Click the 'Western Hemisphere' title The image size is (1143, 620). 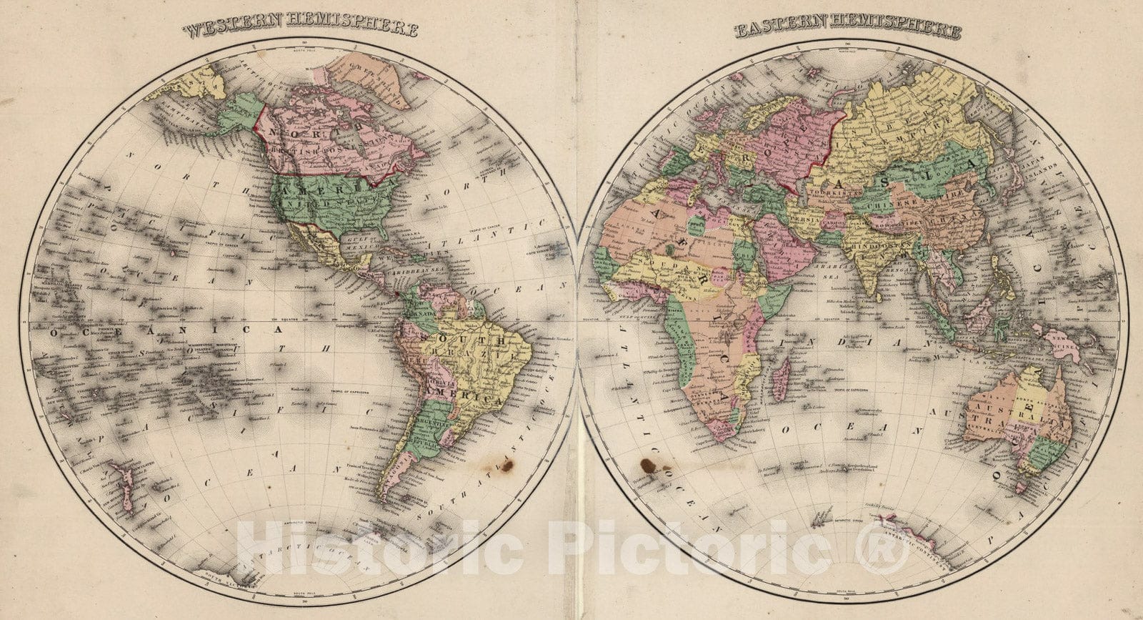(299, 29)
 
